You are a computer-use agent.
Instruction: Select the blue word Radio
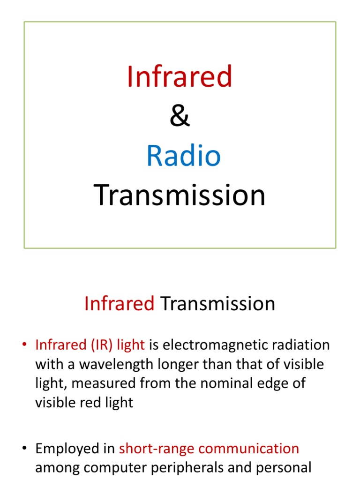tap(183, 156)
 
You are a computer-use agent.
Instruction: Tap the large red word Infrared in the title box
tap(180, 77)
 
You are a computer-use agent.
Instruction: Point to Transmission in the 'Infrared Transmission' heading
tap(217, 304)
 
